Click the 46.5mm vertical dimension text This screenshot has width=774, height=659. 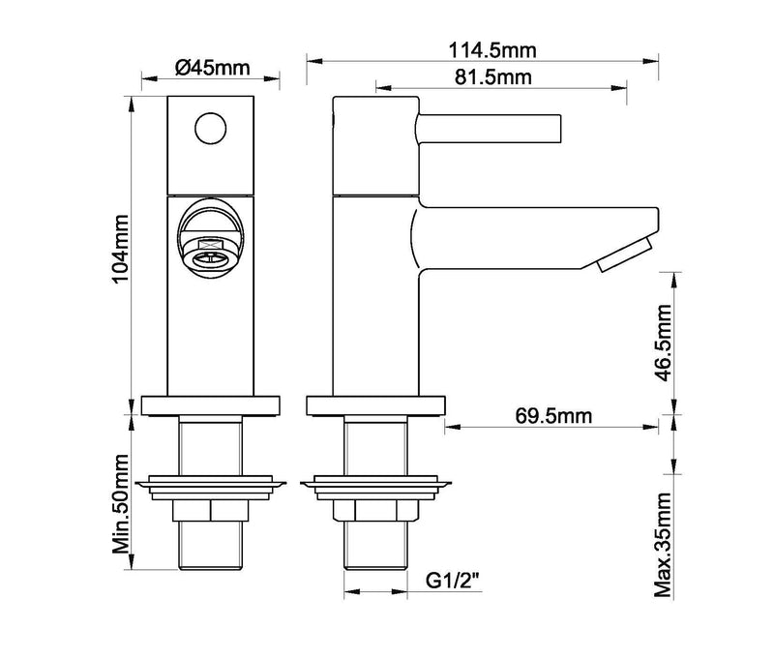pos(664,332)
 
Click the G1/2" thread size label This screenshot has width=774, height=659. pos(454,581)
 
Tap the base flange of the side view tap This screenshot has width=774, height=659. pos(372,405)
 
